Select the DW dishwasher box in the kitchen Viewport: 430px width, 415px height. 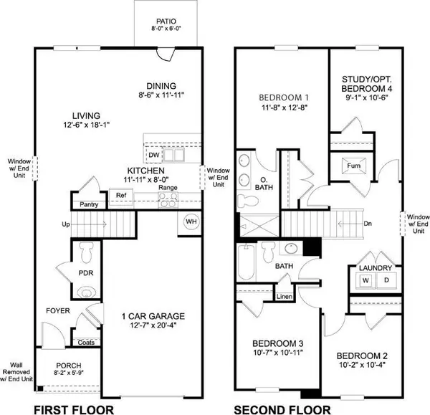(153, 155)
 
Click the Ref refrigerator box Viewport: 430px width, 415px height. (121, 194)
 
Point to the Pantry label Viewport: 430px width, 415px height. (88, 204)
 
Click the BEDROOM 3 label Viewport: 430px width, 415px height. (272, 342)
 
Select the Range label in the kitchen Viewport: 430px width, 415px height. (168, 188)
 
